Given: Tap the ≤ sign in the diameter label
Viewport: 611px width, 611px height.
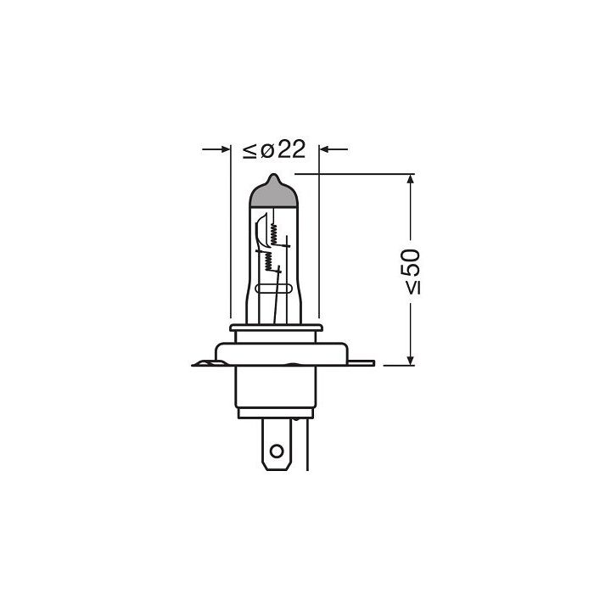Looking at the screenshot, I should (249, 151).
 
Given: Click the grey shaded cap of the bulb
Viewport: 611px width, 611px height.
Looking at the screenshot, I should (274, 193).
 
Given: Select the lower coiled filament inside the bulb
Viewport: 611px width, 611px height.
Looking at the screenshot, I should (269, 260).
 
